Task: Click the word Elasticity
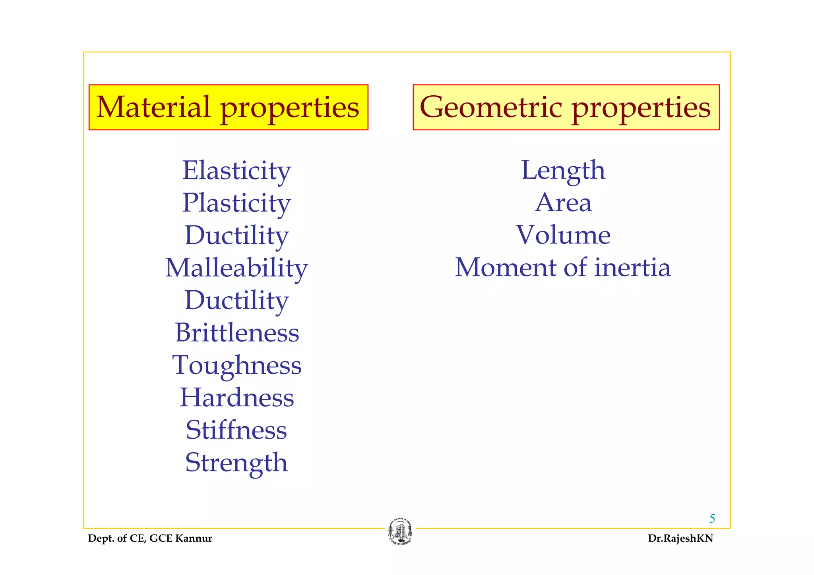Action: tap(236, 171)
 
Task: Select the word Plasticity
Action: tap(236, 203)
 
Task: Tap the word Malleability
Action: tap(236, 268)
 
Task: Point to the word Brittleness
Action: tap(237, 333)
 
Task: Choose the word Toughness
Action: tap(237, 365)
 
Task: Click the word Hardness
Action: tap(237, 397)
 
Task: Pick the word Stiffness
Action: tap(236, 430)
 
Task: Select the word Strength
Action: tap(236, 463)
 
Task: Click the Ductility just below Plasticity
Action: tap(236, 235)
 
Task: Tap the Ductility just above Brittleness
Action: tap(236, 300)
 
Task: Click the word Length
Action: tap(563, 171)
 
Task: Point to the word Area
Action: tap(563, 203)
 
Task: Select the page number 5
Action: tap(712, 519)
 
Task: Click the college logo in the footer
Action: tap(400, 532)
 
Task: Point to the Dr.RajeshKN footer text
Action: tap(680, 538)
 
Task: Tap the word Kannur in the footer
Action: tap(194, 538)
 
